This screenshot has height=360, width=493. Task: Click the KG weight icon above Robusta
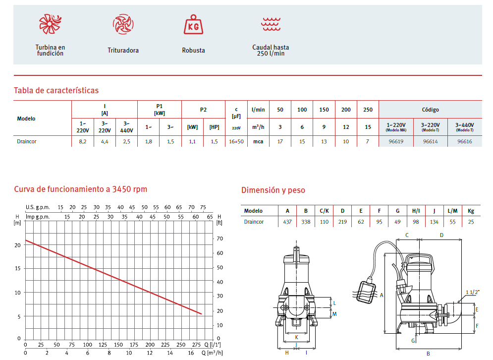click(x=193, y=24)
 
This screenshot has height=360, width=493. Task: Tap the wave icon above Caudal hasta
click(x=271, y=24)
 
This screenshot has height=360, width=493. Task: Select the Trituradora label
click(x=123, y=51)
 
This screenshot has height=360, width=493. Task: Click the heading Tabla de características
click(x=56, y=91)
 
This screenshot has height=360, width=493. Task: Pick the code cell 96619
click(x=396, y=142)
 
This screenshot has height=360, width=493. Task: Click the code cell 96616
click(x=465, y=142)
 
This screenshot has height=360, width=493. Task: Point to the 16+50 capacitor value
click(x=236, y=142)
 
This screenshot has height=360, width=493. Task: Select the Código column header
click(x=430, y=110)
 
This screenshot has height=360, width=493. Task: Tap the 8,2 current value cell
click(x=83, y=142)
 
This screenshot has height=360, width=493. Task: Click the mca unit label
click(x=258, y=142)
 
